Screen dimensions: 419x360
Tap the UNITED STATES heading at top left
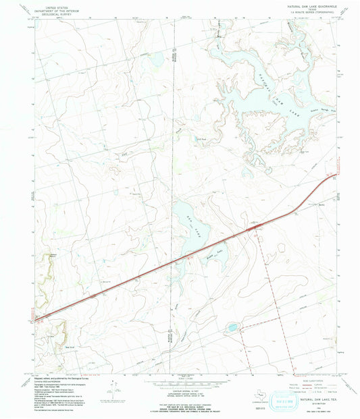(56, 5)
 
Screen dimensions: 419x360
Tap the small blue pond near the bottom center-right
(232, 328)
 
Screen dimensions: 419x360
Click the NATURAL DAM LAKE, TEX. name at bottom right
(307, 382)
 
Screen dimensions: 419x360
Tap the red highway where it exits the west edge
(38, 318)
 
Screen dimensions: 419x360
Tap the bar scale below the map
(180, 375)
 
